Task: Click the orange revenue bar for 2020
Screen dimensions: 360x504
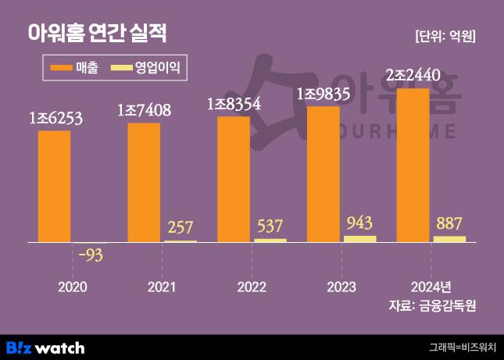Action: pyautogui.click(x=54, y=187)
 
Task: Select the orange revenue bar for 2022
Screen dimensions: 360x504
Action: pyautogui.click(x=234, y=180)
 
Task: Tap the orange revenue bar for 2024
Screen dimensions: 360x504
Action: pyautogui.click(x=413, y=166)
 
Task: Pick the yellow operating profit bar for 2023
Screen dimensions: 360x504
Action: pyautogui.click(x=359, y=239)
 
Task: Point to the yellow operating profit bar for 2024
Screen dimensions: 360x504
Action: pyautogui.click(x=449, y=239)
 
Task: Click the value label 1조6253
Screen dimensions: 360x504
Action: pyautogui.click(x=55, y=119)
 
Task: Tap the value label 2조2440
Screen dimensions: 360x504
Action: pyautogui.click(x=413, y=76)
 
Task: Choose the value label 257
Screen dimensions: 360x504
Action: pyautogui.click(x=180, y=228)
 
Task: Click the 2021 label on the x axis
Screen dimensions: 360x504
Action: pyautogui.click(x=162, y=286)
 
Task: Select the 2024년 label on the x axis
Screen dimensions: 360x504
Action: pyautogui.click(x=431, y=286)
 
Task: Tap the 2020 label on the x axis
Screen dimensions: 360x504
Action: pyautogui.click(x=73, y=286)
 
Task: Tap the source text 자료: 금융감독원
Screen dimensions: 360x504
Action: pyautogui.click(x=432, y=305)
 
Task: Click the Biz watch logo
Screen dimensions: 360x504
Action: pyautogui.click(x=45, y=348)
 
